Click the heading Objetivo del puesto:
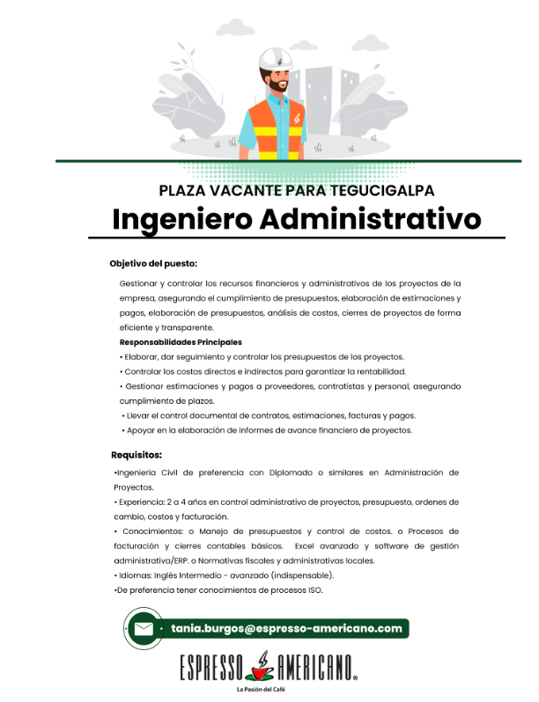pos(153,263)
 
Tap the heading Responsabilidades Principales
pos(180,342)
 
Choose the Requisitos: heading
pos(137,455)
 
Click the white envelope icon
pos(143,629)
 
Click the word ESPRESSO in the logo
pos(210,669)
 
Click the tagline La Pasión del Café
pos(268,691)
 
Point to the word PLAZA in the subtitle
pos(181,190)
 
